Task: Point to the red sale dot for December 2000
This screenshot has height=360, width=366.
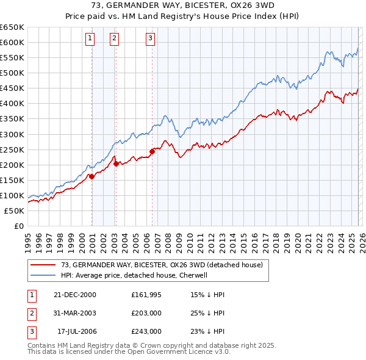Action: (91, 176)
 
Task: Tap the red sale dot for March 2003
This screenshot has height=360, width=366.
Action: (116, 163)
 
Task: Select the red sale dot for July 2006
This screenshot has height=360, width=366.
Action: (152, 151)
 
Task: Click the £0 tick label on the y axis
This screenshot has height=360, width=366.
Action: (19, 226)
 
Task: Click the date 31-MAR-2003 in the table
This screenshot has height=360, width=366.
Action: (74, 314)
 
